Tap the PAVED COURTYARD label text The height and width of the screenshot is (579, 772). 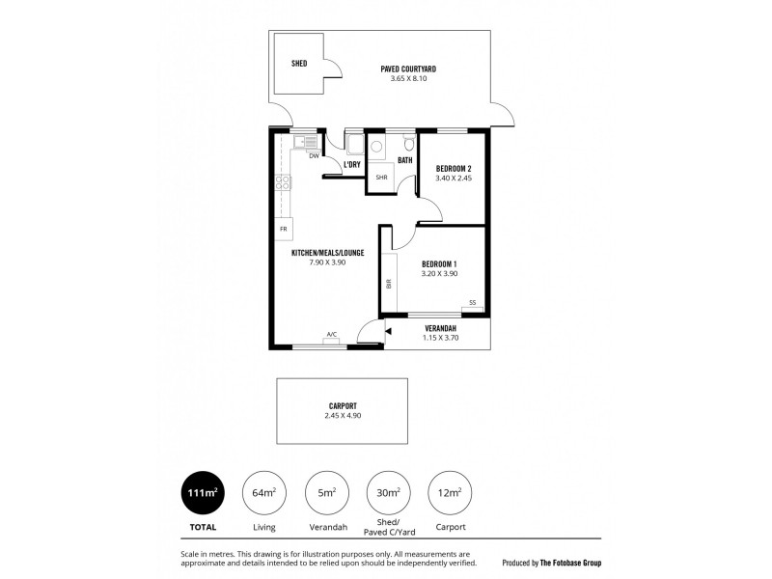pyautogui.click(x=408, y=69)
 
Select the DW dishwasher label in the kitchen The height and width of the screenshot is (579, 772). pyautogui.click(x=314, y=155)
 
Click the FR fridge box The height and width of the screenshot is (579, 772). pyautogui.click(x=283, y=230)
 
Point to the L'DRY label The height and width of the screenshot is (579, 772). pyautogui.click(x=352, y=165)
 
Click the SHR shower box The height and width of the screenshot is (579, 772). pyautogui.click(x=381, y=178)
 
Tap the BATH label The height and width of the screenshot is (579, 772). pyautogui.click(x=404, y=160)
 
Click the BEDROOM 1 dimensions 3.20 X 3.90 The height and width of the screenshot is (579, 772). pyautogui.click(x=439, y=274)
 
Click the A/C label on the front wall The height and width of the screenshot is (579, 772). pyautogui.click(x=331, y=335)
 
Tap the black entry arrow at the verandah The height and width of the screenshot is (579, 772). pyautogui.click(x=387, y=331)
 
